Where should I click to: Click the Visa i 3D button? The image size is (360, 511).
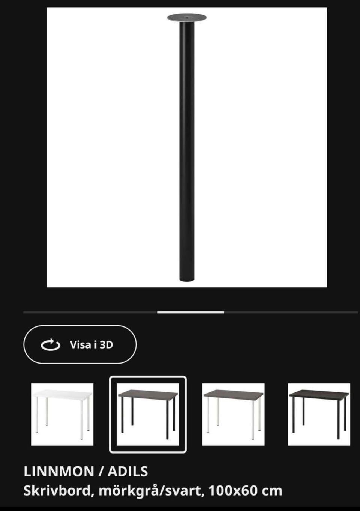(x=80, y=344)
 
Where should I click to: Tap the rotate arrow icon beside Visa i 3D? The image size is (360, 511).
(x=50, y=344)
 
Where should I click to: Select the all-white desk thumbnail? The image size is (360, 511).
(x=62, y=415)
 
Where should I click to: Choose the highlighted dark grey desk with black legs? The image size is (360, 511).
(x=148, y=415)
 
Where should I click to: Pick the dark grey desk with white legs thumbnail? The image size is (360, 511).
(x=234, y=415)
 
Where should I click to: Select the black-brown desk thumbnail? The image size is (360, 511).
(x=319, y=415)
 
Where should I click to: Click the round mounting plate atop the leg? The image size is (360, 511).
(x=187, y=18)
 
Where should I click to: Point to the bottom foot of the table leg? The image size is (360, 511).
(x=187, y=278)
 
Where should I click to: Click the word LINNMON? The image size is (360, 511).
(x=59, y=471)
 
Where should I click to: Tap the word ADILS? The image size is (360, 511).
(x=127, y=471)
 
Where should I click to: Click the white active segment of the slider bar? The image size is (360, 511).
(x=190, y=312)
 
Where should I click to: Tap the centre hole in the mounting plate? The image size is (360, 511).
(x=186, y=17)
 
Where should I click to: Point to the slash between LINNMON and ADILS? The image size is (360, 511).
(x=101, y=471)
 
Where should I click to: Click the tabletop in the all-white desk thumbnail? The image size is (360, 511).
(x=62, y=394)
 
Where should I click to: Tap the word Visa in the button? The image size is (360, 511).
(x=81, y=345)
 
